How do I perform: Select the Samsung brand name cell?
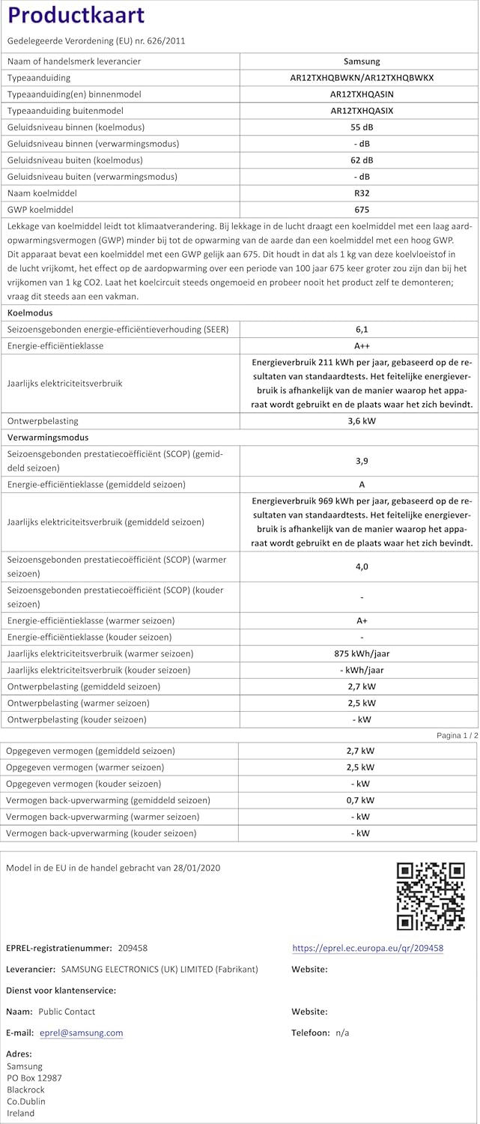coord(361,61)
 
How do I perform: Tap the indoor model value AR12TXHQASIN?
coord(362,94)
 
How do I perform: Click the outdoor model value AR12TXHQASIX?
coord(362,111)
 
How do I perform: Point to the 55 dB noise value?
coord(362,127)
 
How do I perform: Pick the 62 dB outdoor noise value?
coord(362,160)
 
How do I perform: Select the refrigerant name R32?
coord(362,193)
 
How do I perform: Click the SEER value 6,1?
coord(362,330)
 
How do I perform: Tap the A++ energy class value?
coord(362,346)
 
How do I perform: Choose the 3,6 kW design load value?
coord(362,421)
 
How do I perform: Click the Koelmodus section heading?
coord(30,313)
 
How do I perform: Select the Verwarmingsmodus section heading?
coord(48,438)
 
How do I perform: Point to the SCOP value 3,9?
coord(362,460)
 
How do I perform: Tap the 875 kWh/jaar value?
coord(362,653)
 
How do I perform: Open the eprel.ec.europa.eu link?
coord(368,948)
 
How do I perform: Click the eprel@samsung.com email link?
coord(81,1033)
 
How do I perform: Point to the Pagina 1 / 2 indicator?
coord(456,736)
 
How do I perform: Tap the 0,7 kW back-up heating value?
coord(362,800)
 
